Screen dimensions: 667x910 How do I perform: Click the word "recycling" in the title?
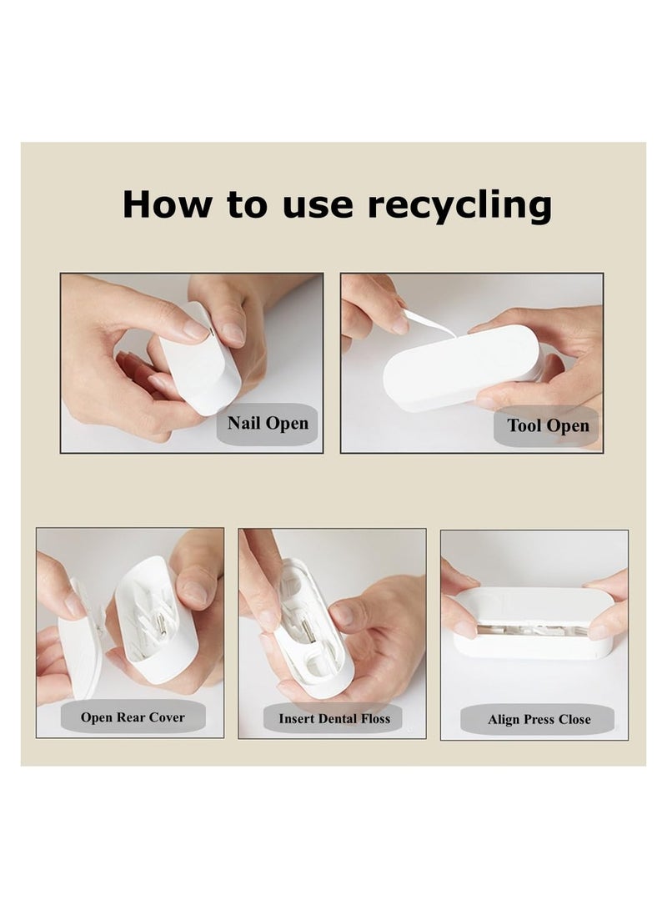459,206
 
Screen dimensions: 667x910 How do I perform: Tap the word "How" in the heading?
168,204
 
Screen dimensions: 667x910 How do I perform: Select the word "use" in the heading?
318,207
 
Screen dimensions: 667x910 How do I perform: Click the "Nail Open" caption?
268,423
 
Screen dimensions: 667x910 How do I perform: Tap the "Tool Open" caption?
548,425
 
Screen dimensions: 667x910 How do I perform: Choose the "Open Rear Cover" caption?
133,717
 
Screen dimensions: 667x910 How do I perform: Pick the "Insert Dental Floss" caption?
334,718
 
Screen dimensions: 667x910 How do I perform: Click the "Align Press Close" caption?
539,720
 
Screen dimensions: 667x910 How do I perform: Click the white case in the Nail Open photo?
200,362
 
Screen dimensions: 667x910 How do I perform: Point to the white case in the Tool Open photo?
461,367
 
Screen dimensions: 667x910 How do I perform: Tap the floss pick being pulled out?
429,323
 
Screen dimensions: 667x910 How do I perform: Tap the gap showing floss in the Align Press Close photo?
531,629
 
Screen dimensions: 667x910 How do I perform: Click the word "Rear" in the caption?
131,717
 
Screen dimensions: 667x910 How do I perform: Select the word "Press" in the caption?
539,720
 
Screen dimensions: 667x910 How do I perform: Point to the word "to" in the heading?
247,205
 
